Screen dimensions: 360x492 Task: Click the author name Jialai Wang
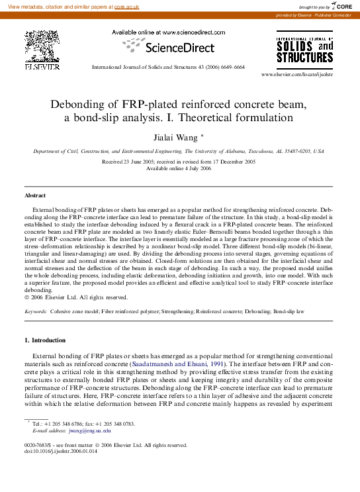[179, 136]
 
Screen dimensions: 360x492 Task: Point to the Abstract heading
[35, 196]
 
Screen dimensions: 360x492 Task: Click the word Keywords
[36, 311]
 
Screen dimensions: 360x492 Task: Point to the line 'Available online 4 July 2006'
[179, 168]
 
